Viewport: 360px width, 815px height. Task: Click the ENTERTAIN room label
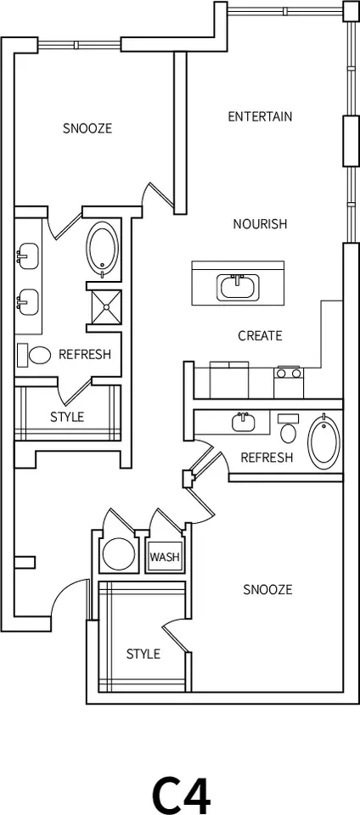(260, 116)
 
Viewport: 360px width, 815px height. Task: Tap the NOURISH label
(260, 224)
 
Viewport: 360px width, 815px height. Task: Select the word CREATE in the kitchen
(260, 336)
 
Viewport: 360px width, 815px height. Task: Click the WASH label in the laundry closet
(165, 557)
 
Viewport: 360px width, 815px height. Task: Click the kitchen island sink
(238, 287)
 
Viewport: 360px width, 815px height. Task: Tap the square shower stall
(106, 306)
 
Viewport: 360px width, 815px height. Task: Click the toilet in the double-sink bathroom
(34, 354)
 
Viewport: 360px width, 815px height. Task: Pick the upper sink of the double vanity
(27, 256)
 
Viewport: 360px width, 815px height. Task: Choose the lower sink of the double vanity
(27, 302)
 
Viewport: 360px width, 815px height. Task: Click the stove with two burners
(289, 382)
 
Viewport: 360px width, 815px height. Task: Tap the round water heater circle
(119, 553)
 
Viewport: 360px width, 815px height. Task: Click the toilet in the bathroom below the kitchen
(289, 428)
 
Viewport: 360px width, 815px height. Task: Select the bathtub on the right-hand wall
(324, 441)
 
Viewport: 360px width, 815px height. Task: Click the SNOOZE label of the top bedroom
(87, 128)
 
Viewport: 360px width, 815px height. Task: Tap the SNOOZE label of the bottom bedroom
(267, 589)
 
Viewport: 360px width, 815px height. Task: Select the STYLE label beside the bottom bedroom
(143, 654)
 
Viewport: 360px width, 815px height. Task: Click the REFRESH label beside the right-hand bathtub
(267, 458)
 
